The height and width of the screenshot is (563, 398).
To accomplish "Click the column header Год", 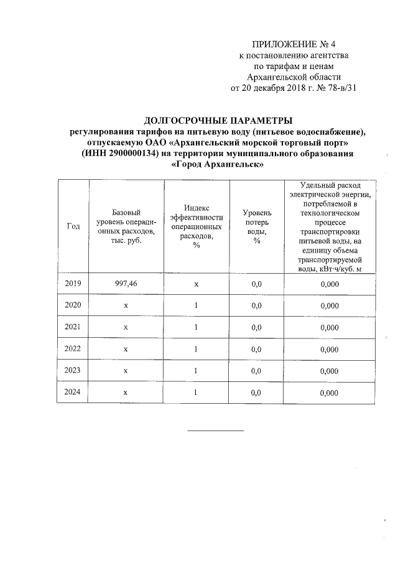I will [x=73, y=226].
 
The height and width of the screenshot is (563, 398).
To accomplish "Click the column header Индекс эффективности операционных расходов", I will [x=196, y=226].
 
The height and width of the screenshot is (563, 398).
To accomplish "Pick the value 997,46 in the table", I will [x=126, y=284].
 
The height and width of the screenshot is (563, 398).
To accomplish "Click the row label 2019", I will [x=73, y=284].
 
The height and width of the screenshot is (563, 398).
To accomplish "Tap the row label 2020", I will [x=73, y=305].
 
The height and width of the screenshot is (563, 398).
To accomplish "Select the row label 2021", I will [x=73, y=327].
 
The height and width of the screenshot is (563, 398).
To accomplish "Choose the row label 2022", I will [x=73, y=349].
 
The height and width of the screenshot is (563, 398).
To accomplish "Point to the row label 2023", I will [x=73, y=371].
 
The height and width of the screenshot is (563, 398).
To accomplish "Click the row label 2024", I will [x=73, y=393].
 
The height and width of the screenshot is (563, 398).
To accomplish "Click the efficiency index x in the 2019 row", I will [x=196, y=284].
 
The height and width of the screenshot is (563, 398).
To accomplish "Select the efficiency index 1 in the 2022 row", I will [x=196, y=349].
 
